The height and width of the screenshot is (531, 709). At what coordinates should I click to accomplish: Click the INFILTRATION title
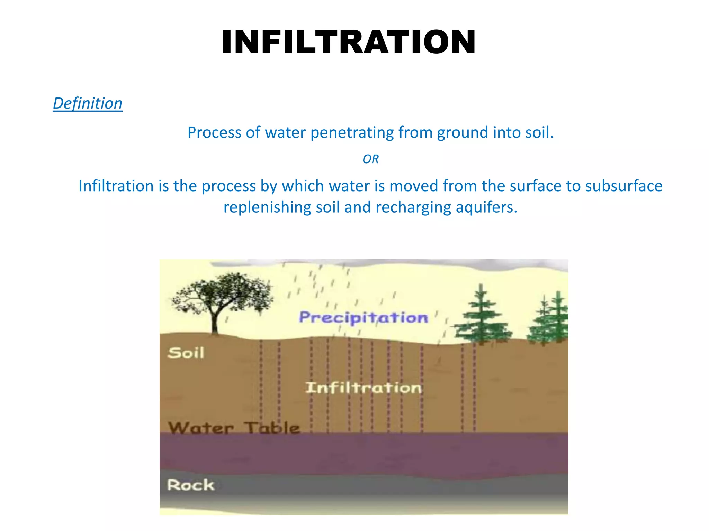click(x=349, y=42)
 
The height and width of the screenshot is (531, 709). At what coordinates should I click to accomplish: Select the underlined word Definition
click(x=88, y=103)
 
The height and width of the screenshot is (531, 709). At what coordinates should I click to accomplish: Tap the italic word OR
click(x=370, y=159)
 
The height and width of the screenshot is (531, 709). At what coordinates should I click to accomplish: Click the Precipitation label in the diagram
click(x=364, y=317)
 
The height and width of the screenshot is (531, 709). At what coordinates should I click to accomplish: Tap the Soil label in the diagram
click(x=186, y=353)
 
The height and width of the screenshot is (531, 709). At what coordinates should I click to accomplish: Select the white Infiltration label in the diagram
click(x=363, y=388)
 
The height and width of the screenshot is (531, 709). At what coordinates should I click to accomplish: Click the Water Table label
click(x=234, y=428)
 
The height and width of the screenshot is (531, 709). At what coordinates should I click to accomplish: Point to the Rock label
click(x=190, y=485)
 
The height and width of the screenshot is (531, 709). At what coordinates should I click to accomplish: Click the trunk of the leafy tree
click(x=215, y=322)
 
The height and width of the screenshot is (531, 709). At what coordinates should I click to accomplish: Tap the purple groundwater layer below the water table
click(x=364, y=453)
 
